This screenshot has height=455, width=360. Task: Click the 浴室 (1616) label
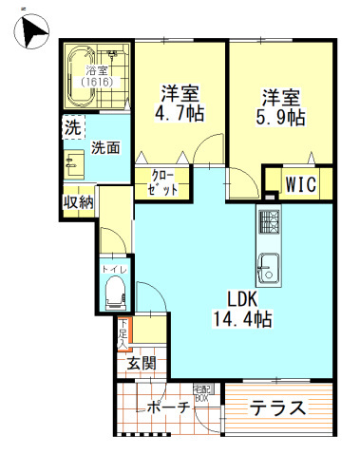click(x=96, y=77)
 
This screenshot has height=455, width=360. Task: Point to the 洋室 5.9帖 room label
click(x=282, y=107)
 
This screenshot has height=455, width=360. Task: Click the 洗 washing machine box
click(x=72, y=126)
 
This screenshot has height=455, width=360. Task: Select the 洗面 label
click(x=104, y=148)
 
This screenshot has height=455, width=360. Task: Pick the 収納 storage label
click(x=78, y=201)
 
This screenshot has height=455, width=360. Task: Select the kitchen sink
click(x=269, y=268)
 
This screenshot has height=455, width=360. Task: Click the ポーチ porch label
click(x=166, y=409)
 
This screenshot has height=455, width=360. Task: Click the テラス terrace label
click(x=277, y=409)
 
